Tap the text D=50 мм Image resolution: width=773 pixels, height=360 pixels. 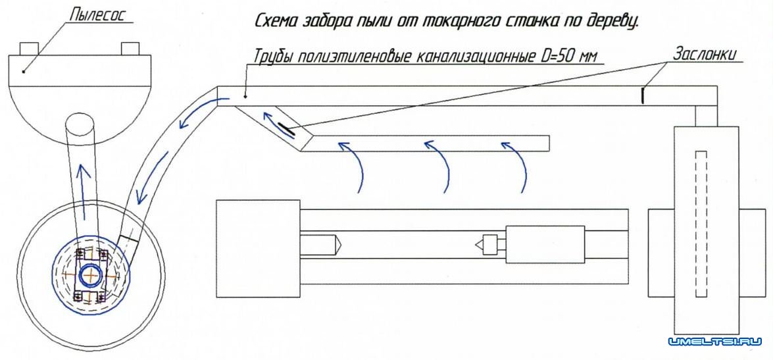(x=566, y=57)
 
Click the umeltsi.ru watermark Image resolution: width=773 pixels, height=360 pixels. (x=714, y=342)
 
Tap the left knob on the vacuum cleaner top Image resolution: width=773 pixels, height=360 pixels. (x=29, y=49)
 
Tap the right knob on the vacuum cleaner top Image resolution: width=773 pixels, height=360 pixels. (x=130, y=49)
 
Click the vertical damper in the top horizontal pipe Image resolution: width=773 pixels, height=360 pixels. (x=643, y=95)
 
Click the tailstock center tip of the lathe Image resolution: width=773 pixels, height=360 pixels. (x=478, y=244)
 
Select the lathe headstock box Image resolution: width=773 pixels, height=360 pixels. (x=259, y=249)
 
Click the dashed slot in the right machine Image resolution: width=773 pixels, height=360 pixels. (x=701, y=223)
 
